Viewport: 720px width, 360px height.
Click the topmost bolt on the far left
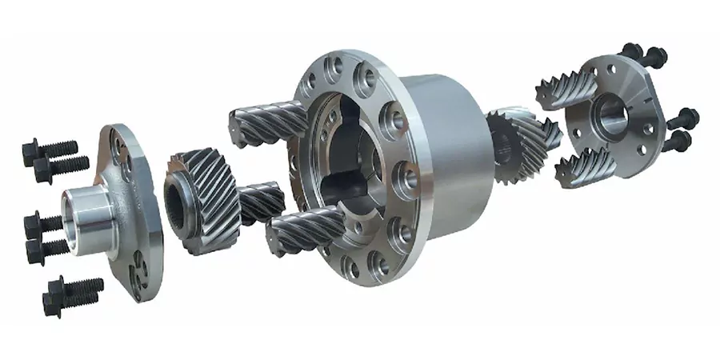point(50,148)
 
